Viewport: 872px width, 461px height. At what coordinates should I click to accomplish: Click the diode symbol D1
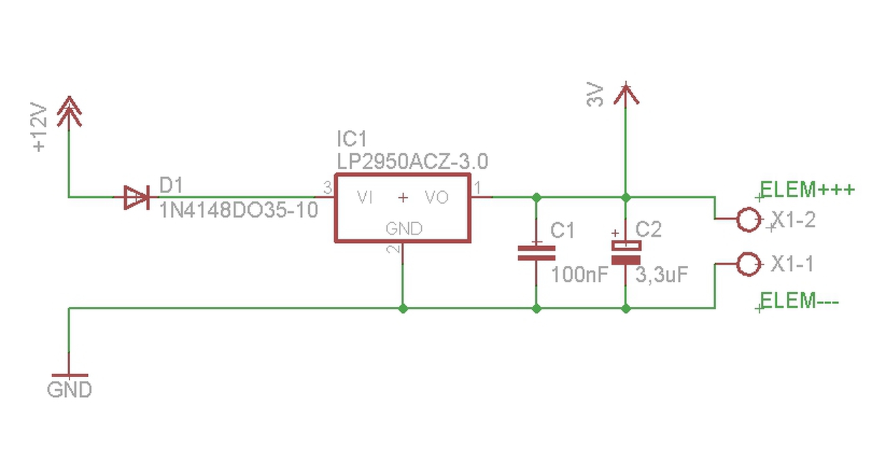point(137,198)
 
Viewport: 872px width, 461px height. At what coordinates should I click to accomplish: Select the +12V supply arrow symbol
point(69,113)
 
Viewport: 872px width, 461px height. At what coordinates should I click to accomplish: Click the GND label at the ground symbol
point(69,389)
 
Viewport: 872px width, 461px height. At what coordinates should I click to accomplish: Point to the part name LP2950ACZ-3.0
point(412,162)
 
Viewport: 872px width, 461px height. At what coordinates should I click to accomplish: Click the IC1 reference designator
point(352,138)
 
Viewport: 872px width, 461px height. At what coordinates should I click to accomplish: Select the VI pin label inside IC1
point(364,198)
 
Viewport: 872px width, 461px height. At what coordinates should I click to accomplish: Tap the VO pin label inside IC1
point(437,198)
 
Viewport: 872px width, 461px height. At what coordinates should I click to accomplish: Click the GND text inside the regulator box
point(404,228)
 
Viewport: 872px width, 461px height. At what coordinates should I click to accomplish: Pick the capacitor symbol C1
point(536,253)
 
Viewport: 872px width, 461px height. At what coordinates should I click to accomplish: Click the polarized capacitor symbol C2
point(625,253)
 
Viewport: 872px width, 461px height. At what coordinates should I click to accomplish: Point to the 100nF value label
point(580,275)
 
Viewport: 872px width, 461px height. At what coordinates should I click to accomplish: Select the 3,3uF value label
point(661,275)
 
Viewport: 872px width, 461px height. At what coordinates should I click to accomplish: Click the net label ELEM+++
point(807,190)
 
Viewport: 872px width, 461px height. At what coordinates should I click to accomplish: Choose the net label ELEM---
point(799,301)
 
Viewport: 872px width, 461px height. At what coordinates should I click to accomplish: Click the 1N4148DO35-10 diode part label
point(239,211)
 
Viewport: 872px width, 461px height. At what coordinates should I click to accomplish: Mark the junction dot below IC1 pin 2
point(403,309)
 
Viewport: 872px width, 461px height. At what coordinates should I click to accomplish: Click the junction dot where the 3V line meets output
point(625,198)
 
